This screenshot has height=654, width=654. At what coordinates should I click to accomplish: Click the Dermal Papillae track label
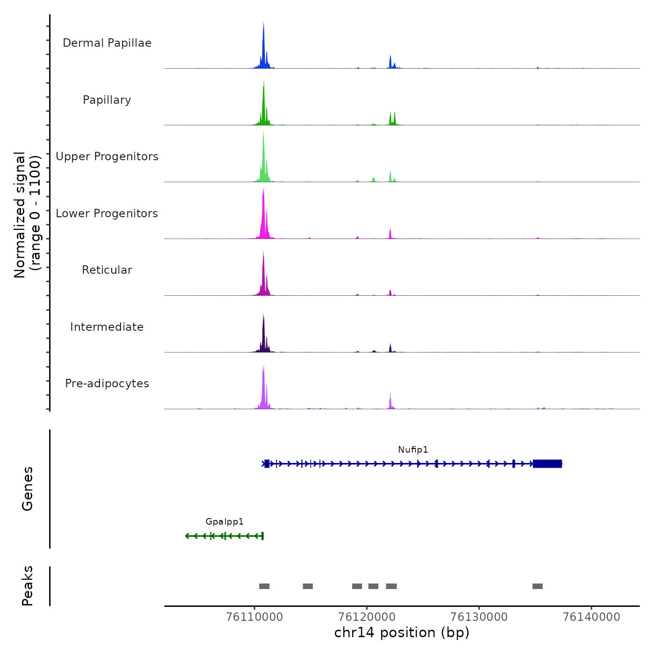[107, 43]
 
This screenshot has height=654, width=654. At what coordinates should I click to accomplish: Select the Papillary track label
[107, 100]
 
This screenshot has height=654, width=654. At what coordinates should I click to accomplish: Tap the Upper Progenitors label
[107, 156]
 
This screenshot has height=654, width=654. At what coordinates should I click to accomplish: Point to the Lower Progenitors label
[107, 213]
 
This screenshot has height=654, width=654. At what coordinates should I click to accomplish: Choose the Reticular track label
[107, 270]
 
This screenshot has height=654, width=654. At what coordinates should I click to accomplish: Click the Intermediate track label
[107, 327]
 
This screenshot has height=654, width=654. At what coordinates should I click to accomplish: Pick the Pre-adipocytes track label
[107, 384]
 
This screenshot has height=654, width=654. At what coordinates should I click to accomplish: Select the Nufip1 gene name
[413, 449]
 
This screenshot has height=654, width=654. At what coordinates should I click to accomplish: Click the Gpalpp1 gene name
[225, 522]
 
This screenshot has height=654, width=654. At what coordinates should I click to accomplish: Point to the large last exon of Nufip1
[547, 464]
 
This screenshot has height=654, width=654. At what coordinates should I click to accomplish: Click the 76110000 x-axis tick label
[255, 617]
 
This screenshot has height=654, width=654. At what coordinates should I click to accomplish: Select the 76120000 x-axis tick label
[367, 617]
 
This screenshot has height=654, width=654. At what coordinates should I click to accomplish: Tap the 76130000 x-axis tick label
[479, 617]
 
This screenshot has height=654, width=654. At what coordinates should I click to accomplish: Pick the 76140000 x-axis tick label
[591, 617]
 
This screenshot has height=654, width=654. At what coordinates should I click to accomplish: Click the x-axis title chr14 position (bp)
[402, 633]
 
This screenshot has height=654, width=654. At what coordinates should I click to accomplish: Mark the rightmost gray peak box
[538, 586]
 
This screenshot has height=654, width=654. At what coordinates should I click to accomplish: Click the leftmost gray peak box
[264, 586]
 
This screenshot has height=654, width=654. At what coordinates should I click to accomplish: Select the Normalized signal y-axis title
[27, 215]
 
